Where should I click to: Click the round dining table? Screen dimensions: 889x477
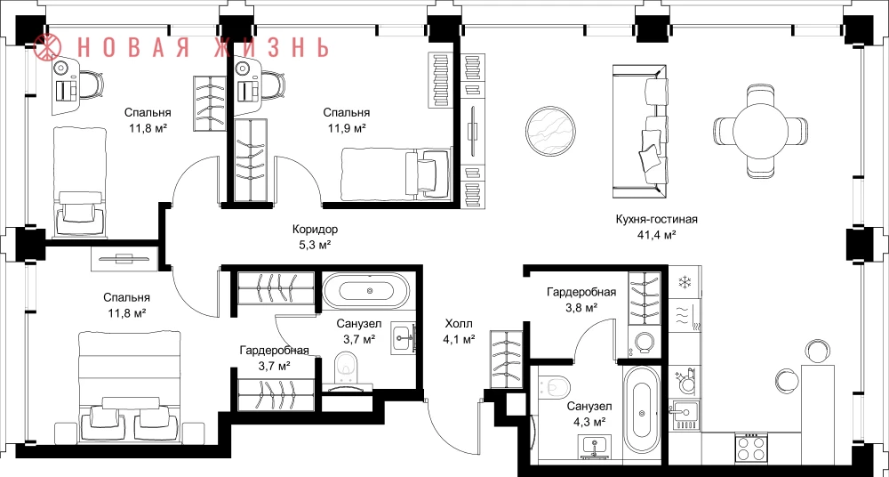click(760, 131)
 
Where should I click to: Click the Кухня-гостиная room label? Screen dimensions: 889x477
click(656, 220)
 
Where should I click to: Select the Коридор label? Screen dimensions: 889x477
click(316, 230)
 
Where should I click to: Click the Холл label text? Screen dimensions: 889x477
click(459, 324)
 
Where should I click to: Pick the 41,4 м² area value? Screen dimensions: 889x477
click(656, 234)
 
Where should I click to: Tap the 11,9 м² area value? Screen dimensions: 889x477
click(347, 128)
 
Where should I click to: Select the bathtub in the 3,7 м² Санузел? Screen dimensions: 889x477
click(365, 291)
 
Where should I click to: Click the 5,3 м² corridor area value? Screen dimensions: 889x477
click(316, 245)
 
